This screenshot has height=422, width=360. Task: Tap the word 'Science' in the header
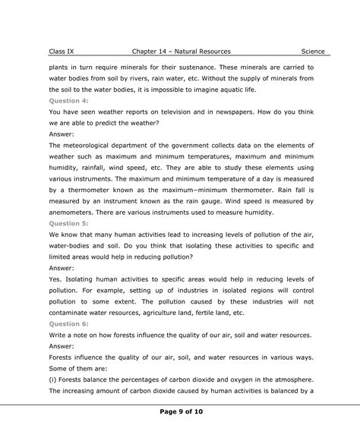coord(312,52)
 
